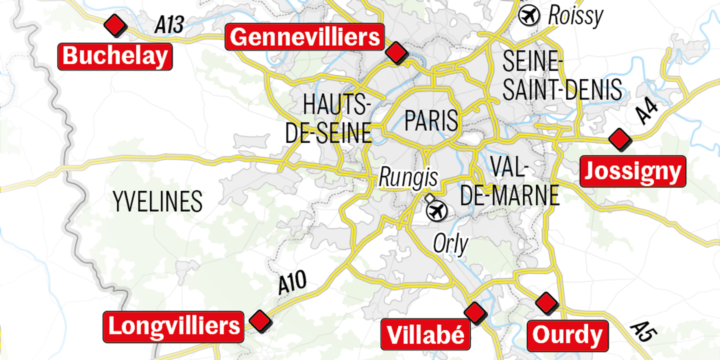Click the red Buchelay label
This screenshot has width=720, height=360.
(115, 56)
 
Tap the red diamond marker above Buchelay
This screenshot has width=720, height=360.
(115, 25)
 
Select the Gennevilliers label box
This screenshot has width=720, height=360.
(304, 37)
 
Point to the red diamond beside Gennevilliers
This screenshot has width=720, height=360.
(396, 51)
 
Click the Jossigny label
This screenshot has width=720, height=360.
(632, 171)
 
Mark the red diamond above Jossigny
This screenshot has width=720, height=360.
(620, 139)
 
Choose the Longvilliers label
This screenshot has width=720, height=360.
(173, 326)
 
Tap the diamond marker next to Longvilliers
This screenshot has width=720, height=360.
(260, 320)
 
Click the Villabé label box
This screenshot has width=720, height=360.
(425, 334)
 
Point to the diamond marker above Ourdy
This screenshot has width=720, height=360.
(546, 303)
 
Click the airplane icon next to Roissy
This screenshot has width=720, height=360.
(529, 16)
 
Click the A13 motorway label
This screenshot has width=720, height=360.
(169, 25)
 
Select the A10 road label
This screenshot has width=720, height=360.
(292, 284)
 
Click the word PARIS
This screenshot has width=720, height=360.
(431, 121)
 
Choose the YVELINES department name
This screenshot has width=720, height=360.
(157, 201)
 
